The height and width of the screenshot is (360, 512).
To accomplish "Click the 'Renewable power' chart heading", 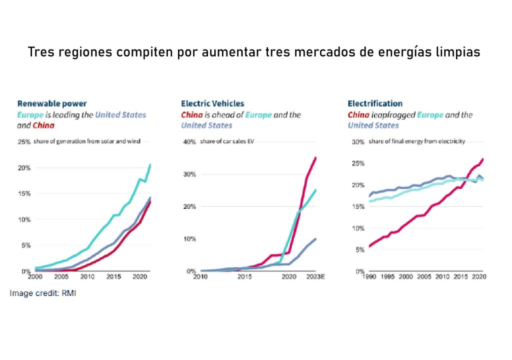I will (x=52, y=104).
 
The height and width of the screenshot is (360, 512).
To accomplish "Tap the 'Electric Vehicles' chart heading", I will (x=212, y=104).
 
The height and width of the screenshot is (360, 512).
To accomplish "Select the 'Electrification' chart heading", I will (x=375, y=104).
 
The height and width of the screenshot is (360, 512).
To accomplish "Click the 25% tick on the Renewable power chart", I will (x=24, y=142).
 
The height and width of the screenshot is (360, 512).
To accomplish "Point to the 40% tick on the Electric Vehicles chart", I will (x=189, y=142).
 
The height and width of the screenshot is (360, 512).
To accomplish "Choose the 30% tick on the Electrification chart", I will (x=356, y=142).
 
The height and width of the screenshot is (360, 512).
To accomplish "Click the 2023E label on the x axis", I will (x=315, y=276).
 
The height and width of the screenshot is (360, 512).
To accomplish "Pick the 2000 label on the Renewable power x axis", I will (x=35, y=276).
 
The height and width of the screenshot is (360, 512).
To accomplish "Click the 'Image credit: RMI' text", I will (x=43, y=293).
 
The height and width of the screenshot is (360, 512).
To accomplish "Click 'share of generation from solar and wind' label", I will (x=87, y=142).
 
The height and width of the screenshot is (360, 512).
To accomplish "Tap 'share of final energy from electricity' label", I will (x=416, y=142).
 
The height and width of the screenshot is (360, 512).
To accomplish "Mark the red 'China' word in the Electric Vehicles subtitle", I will (x=192, y=115).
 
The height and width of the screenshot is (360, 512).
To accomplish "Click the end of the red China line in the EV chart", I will (x=316, y=158).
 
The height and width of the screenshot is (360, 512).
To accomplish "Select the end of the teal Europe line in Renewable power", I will (x=150, y=164).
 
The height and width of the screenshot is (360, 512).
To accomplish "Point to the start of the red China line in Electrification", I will (x=369, y=246).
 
